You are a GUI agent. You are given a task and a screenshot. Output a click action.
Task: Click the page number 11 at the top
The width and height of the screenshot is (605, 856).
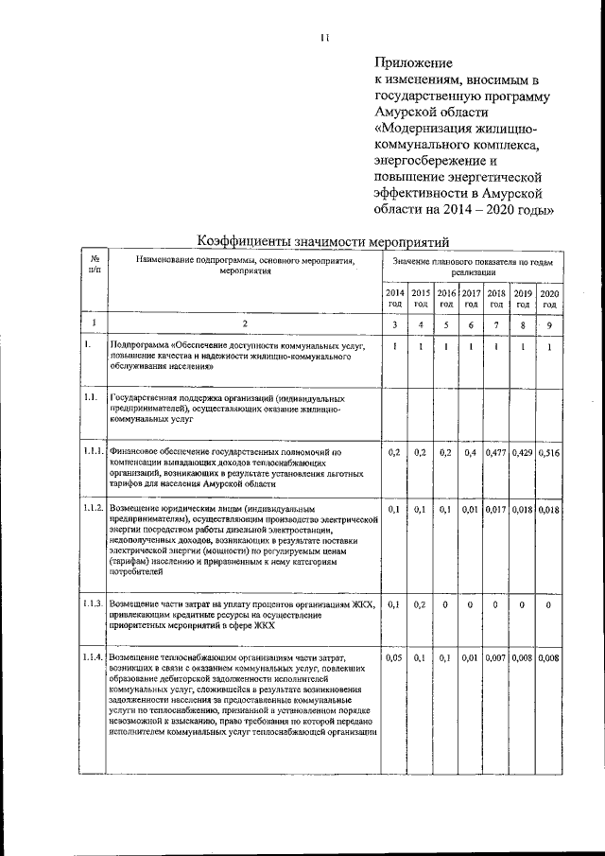coord(324,38)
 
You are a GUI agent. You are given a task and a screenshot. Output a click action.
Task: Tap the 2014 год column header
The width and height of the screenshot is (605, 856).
coord(395,299)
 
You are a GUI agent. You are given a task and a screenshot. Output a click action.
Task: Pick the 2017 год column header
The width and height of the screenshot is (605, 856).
coord(472,299)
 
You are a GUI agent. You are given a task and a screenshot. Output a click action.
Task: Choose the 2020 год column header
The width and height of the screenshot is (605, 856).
coord(549,299)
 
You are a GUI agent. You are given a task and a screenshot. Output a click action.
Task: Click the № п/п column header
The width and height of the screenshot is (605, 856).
coord(95,264)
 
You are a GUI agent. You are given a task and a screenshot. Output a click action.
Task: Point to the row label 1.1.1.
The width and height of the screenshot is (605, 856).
coord(94,452)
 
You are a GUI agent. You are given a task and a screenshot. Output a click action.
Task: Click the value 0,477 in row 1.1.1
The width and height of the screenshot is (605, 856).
coord(496,453)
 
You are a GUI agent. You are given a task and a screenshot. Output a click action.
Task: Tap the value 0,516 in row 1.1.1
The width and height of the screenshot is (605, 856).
coord(549,453)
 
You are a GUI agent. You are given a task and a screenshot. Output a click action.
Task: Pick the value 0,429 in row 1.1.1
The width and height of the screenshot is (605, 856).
coord(523,453)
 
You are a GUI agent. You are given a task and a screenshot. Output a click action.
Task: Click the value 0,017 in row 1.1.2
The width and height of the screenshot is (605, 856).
coord(496,509)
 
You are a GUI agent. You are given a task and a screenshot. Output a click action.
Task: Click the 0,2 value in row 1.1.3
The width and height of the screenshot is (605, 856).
coord(421,603)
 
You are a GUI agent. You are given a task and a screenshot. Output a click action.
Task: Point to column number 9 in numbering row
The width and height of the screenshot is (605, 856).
coord(549,325)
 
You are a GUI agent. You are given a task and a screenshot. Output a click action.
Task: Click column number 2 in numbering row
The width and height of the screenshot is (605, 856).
coord(245,325)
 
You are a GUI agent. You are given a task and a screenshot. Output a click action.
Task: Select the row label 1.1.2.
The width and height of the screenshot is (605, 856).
coord(94,509)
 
